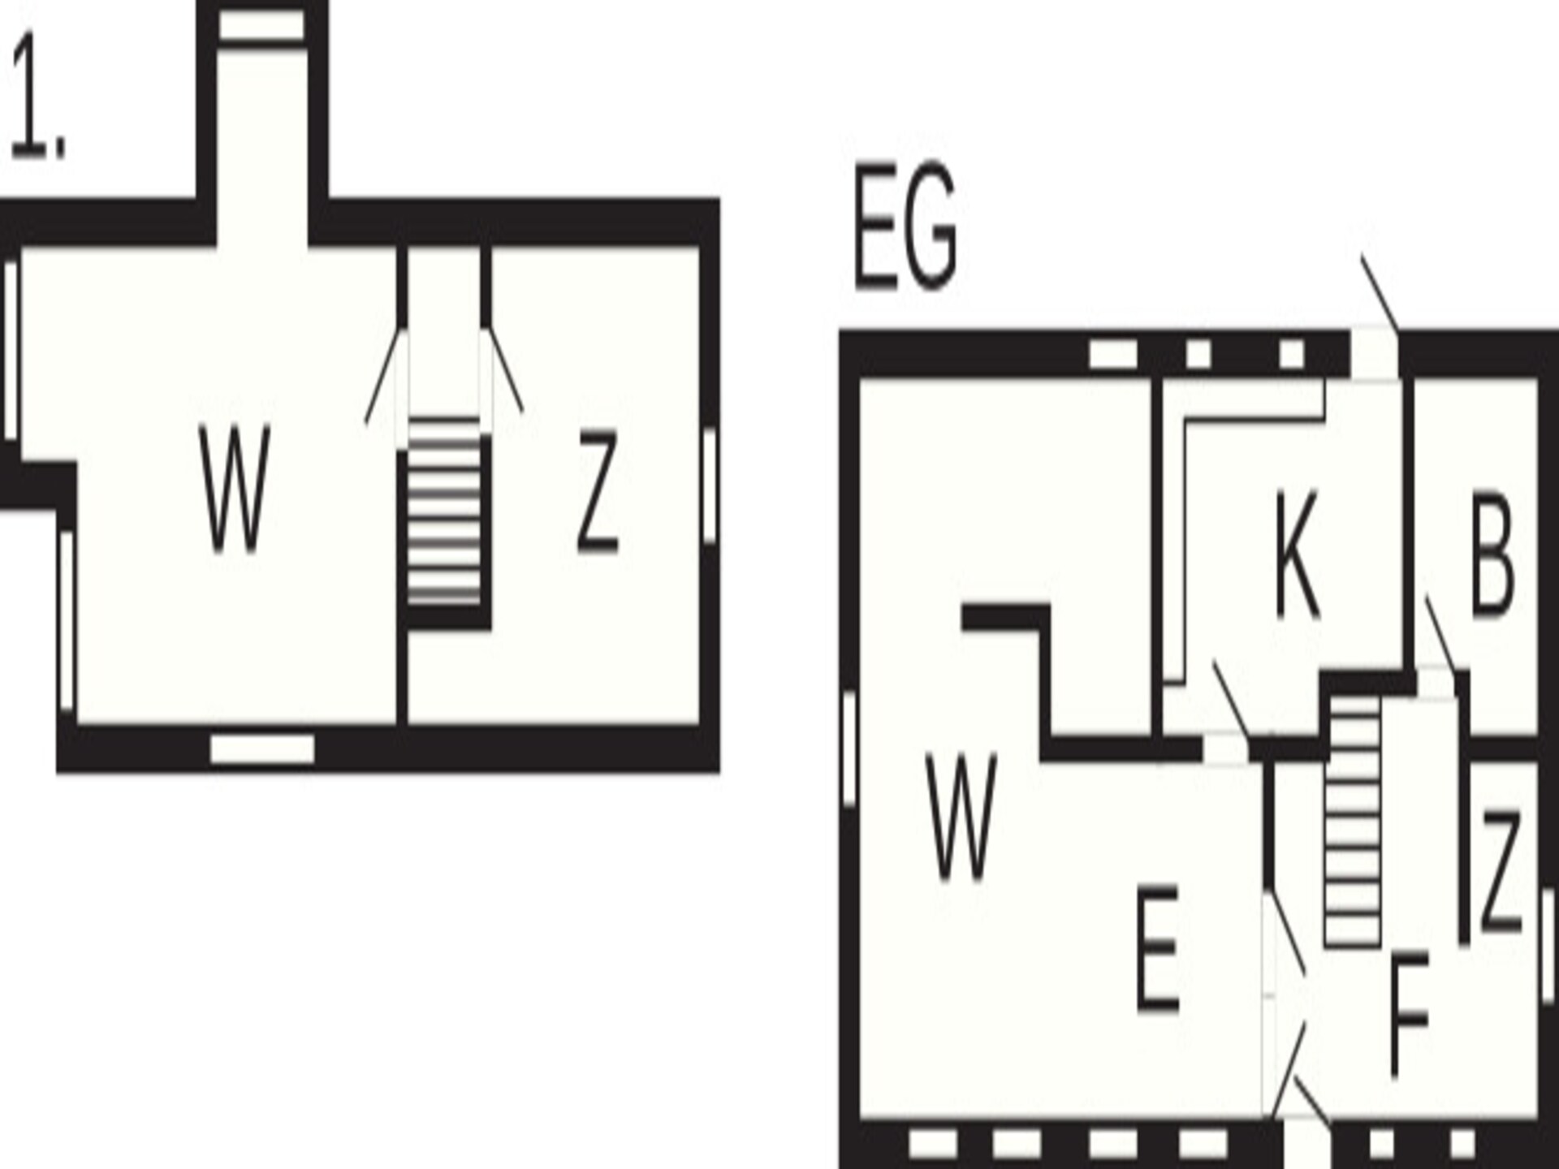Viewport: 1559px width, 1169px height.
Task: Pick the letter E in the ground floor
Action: (x=1157, y=948)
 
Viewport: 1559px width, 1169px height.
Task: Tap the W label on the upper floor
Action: (x=235, y=490)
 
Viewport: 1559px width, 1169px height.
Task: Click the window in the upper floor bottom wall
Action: (x=262, y=749)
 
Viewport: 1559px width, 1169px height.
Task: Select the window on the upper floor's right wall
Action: (x=709, y=485)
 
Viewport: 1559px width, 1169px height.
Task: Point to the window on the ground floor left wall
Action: (x=849, y=748)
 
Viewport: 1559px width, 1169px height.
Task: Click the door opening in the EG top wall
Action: (x=1374, y=354)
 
